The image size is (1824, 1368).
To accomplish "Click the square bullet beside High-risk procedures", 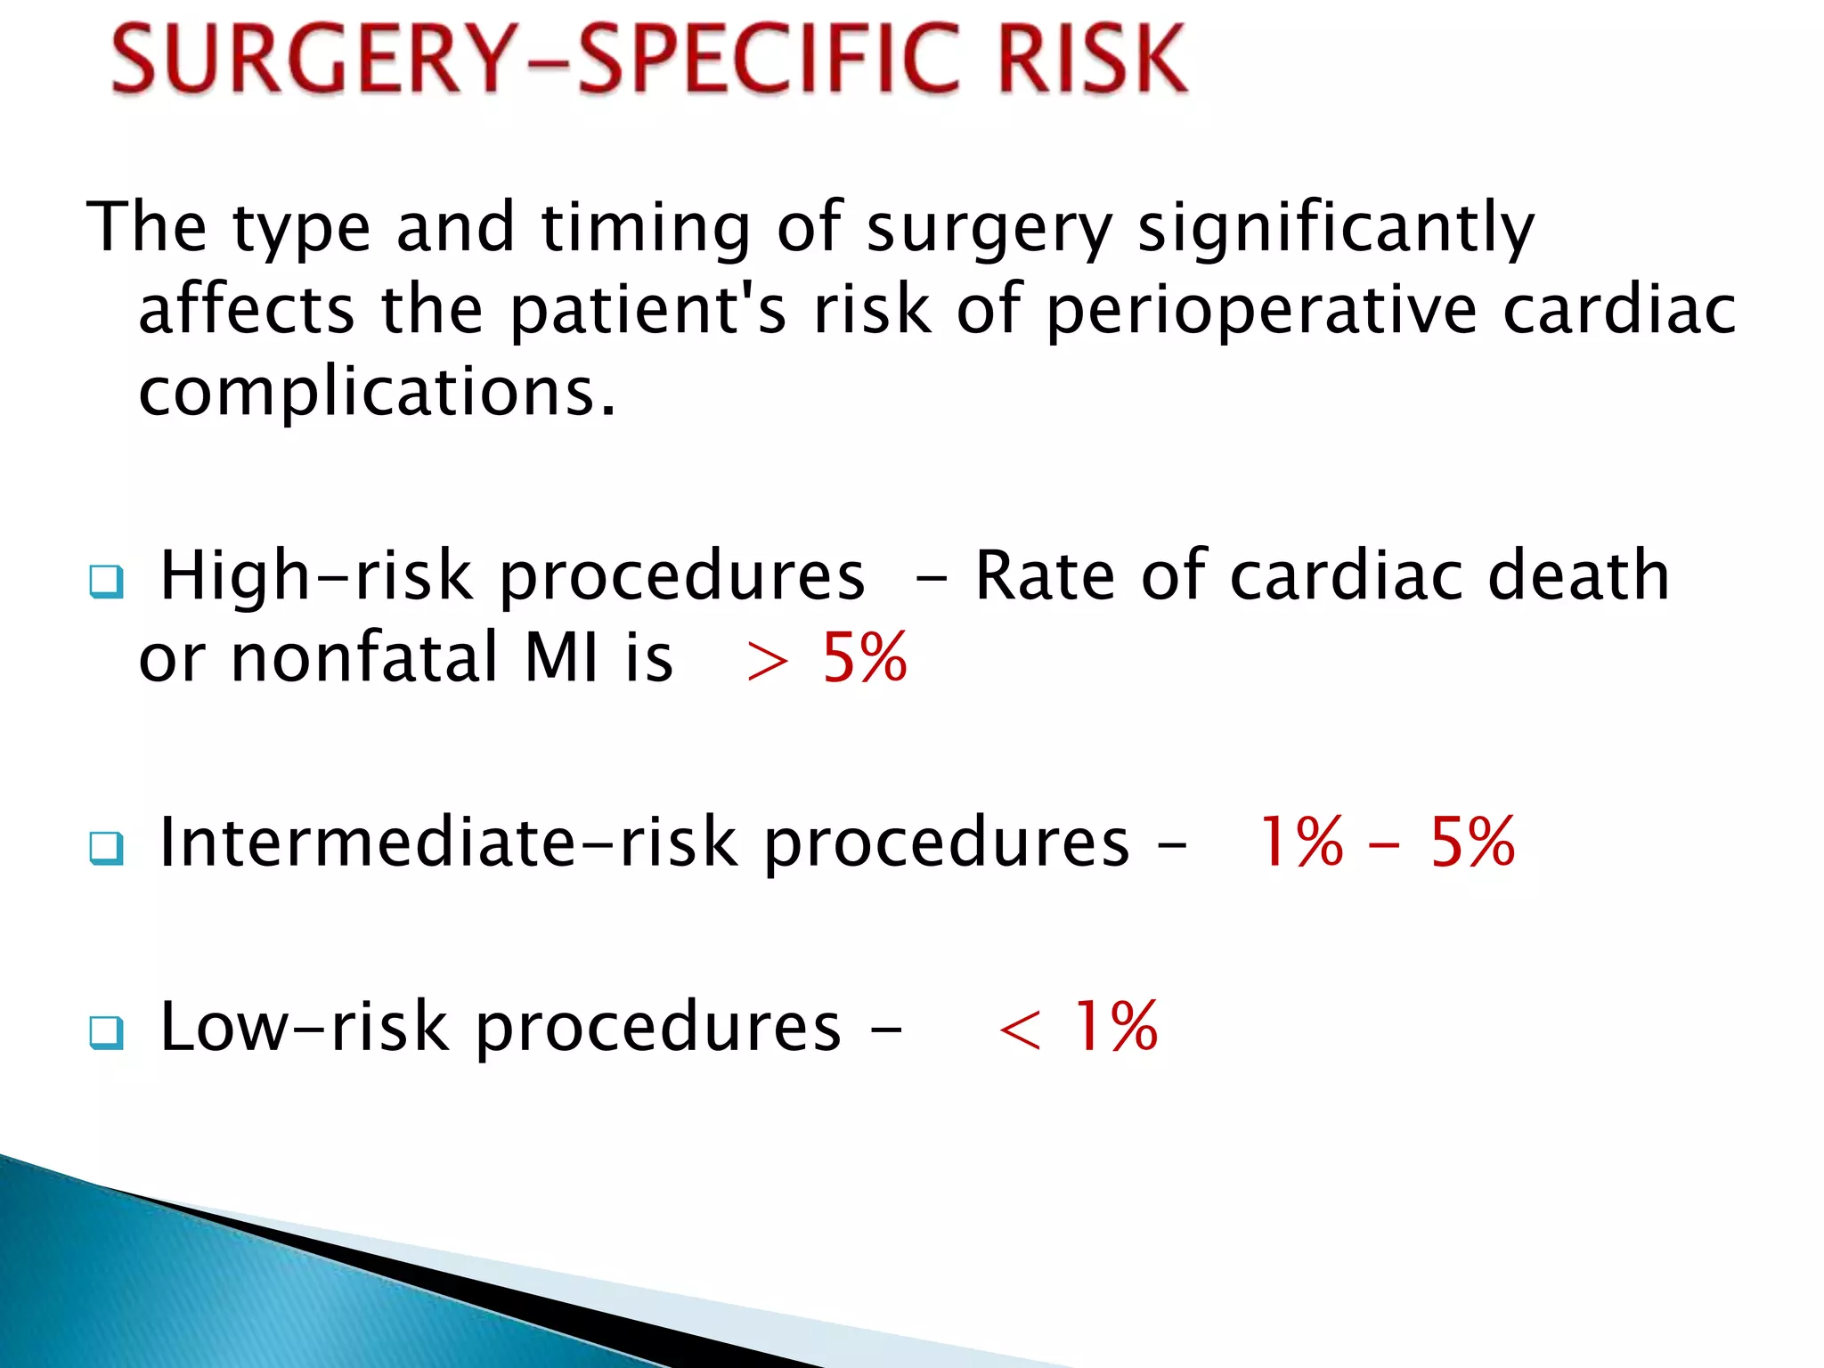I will (x=107, y=582).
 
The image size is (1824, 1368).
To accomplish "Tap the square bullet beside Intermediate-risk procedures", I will (x=107, y=847).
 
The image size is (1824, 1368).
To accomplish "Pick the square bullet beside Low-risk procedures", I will (x=107, y=1032).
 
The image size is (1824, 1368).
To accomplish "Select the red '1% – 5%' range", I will (x=1386, y=842).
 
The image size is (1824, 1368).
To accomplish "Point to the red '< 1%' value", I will (x=1078, y=1027).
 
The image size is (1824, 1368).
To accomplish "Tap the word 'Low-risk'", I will (x=304, y=1027).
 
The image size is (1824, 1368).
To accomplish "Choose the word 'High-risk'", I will (x=316, y=576).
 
